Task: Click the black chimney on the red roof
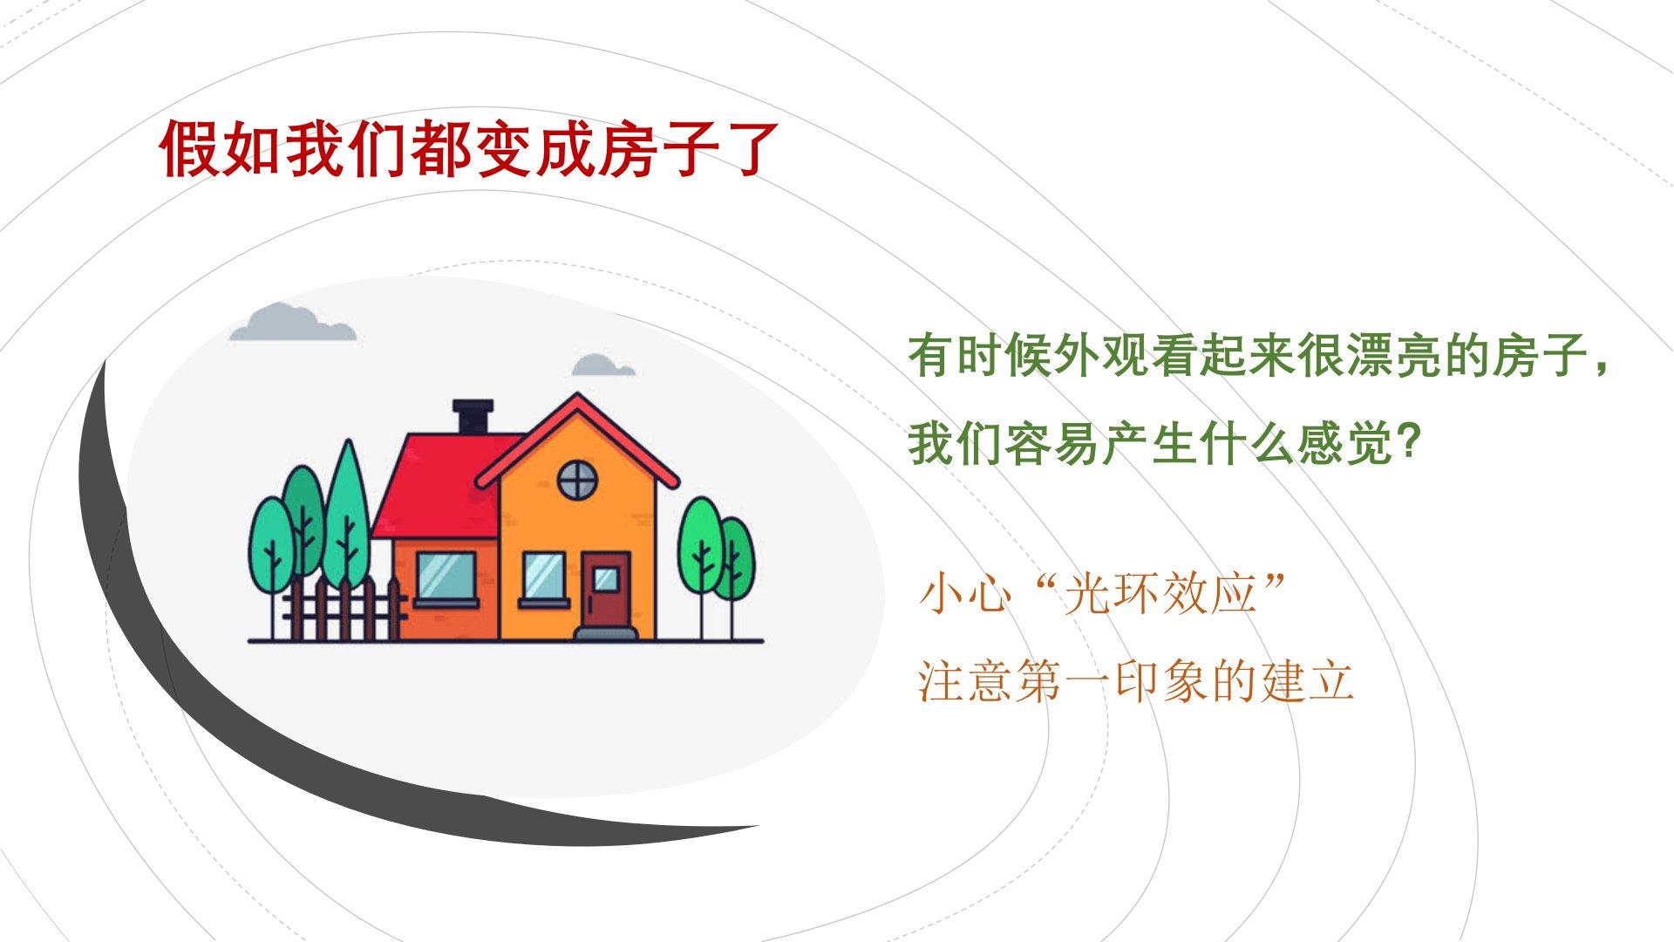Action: click(473, 417)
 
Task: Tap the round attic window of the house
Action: click(577, 479)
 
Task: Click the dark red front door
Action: click(607, 589)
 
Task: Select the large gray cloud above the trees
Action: click(292, 322)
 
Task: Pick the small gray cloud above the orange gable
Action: click(602, 365)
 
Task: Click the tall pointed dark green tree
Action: click(347, 515)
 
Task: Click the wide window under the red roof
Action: click(446, 578)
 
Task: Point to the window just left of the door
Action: click(543, 578)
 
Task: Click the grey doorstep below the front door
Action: click(607, 634)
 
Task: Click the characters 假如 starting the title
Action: click(220, 149)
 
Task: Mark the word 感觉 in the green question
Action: click(1344, 444)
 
